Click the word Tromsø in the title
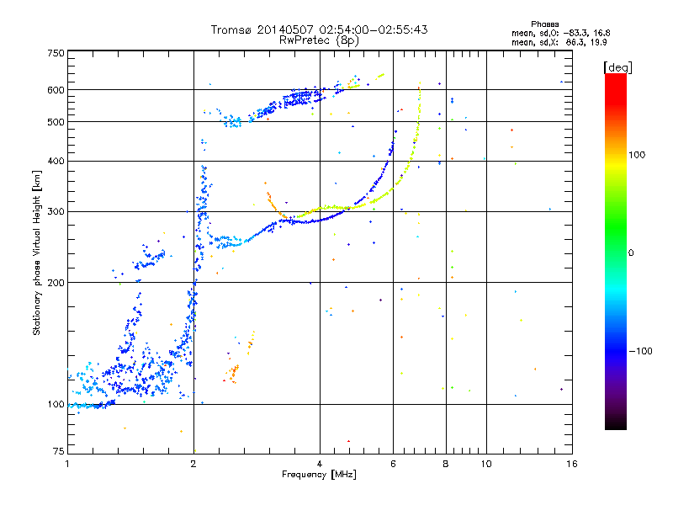(x=232, y=29)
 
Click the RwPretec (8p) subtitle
(x=319, y=40)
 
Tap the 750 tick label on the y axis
(x=56, y=53)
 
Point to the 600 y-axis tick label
(x=56, y=90)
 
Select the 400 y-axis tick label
(x=56, y=161)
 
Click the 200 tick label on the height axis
(x=56, y=283)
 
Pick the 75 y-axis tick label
(x=59, y=451)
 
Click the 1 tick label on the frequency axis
(x=67, y=464)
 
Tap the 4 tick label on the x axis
(x=320, y=464)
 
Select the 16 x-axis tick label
(x=572, y=464)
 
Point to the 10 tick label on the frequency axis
(x=486, y=464)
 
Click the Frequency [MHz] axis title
(x=319, y=475)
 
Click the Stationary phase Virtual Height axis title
(x=36, y=253)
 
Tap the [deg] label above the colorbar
(x=617, y=68)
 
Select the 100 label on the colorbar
(x=637, y=155)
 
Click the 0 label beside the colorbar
(x=631, y=253)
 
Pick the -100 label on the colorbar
(x=640, y=351)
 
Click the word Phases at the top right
(x=544, y=24)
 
